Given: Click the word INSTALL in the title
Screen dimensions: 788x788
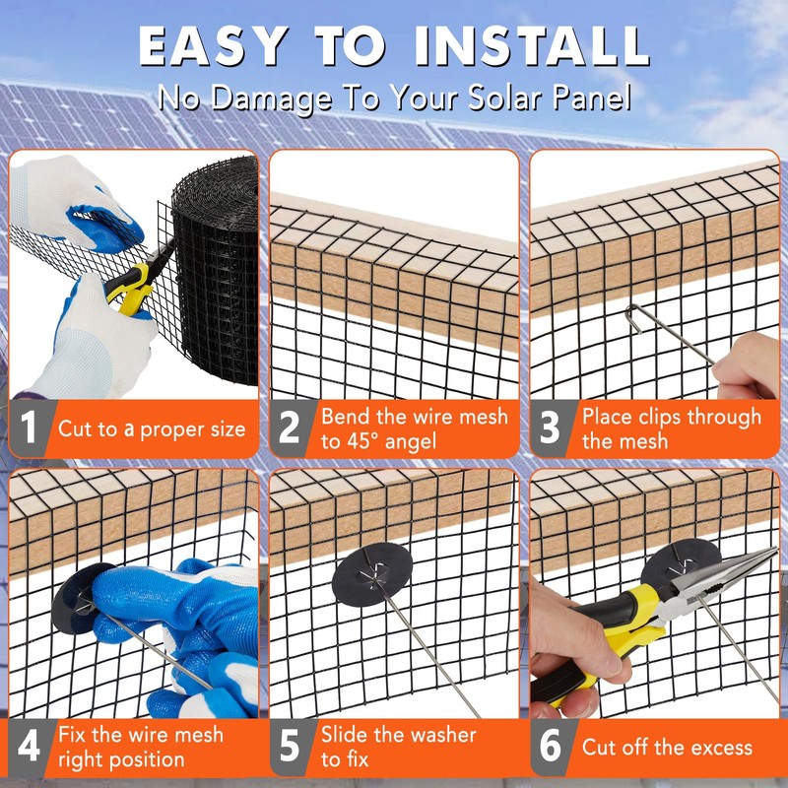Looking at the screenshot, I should point(531,46).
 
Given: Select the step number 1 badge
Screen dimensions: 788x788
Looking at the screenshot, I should point(30,428).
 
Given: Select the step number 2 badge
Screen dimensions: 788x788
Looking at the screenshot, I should point(290,428).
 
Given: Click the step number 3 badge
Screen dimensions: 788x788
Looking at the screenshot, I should point(550,428).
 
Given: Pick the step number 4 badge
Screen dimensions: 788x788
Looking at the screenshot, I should point(30,747).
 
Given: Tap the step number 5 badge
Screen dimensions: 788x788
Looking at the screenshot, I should point(290,747).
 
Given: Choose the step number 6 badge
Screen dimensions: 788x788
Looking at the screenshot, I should point(550,747).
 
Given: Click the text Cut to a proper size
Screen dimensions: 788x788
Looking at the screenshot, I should point(151,428).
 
